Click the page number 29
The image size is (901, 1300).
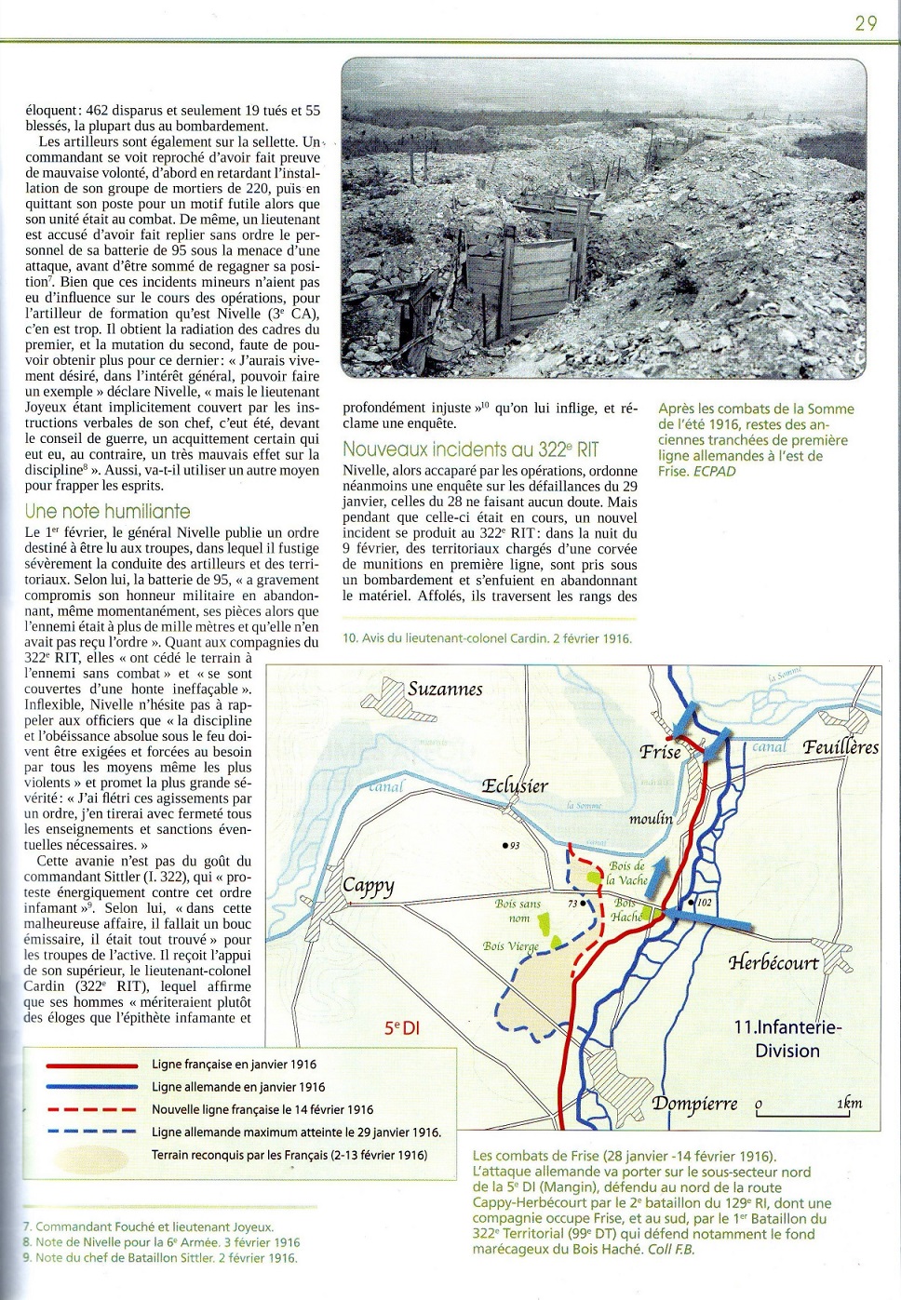(x=865, y=22)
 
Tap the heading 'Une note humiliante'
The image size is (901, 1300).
(x=107, y=511)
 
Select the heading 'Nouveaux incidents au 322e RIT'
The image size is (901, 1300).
(x=470, y=449)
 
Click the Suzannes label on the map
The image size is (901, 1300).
(x=445, y=690)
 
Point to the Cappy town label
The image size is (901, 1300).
(x=368, y=885)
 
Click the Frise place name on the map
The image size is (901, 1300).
(x=660, y=752)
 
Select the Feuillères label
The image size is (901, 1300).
(x=840, y=747)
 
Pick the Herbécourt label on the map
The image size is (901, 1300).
(x=773, y=962)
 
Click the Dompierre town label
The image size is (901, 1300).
(x=694, y=1104)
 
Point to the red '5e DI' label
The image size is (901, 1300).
(x=402, y=1028)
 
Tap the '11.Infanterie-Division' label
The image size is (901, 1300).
(x=787, y=1039)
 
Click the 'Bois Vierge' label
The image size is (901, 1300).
(x=510, y=946)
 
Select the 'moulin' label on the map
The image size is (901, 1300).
(x=650, y=819)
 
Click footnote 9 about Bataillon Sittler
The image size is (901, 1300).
(x=160, y=1257)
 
